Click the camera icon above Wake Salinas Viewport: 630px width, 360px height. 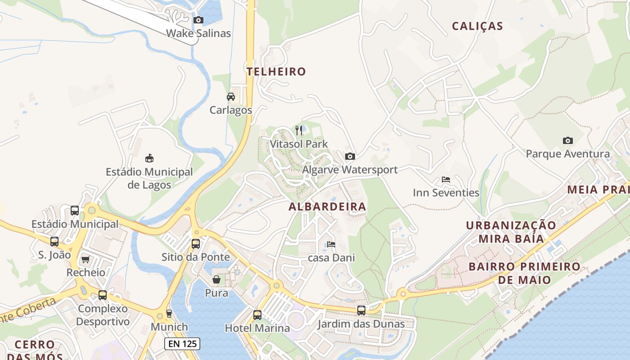(x=198, y=20)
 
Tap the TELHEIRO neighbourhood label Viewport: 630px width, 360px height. (x=276, y=72)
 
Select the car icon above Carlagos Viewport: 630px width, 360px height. (x=230, y=96)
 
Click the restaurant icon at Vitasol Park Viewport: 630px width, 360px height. (x=299, y=130)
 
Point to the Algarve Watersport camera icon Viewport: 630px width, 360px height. (x=350, y=156)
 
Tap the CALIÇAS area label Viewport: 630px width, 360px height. (x=477, y=26)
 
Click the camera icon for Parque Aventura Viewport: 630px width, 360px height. (x=567, y=140)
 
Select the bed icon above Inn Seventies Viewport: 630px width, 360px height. (x=445, y=179)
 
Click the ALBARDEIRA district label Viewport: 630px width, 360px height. (x=327, y=207)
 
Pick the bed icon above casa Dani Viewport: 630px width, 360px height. (x=331, y=244)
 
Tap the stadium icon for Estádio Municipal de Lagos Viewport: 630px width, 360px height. (x=149, y=158)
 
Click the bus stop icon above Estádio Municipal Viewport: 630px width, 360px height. (x=75, y=210)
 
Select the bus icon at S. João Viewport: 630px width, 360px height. (x=54, y=241)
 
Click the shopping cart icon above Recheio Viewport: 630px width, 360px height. (x=85, y=259)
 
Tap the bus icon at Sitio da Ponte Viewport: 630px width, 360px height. (x=196, y=243)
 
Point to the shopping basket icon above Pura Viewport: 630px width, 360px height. (x=216, y=279)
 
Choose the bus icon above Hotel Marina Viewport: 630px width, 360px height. (x=257, y=315)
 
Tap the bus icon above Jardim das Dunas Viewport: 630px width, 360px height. (x=361, y=310)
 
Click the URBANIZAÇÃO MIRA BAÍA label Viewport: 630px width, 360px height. (x=511, y=232)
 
